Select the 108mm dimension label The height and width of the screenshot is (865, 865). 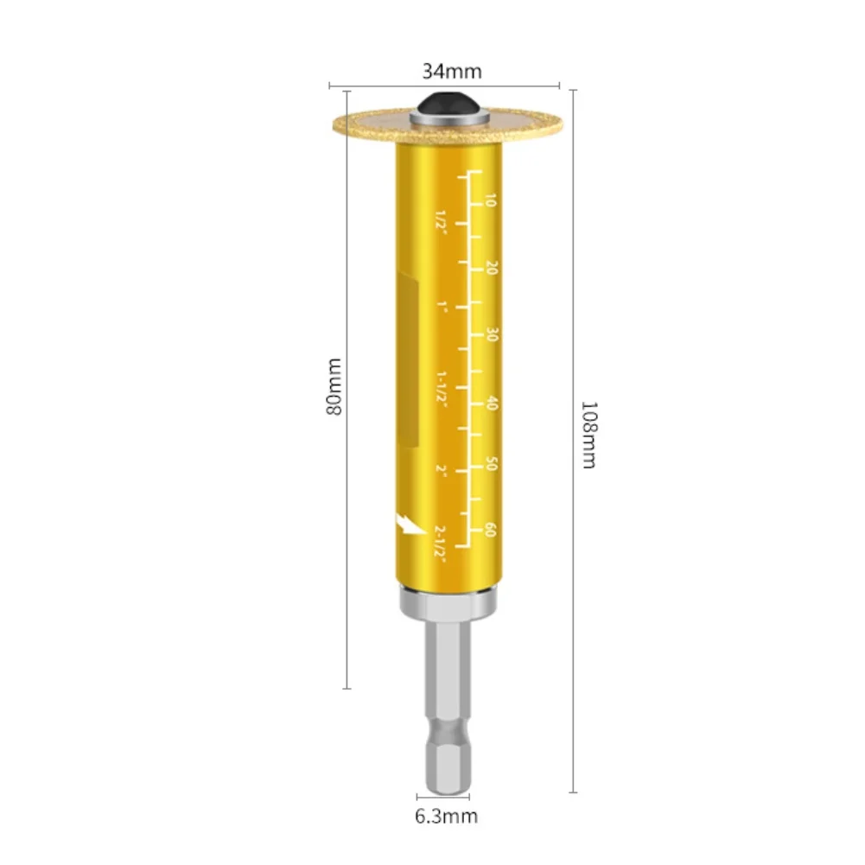(588, 434)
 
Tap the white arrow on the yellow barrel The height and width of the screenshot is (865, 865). (403, 520)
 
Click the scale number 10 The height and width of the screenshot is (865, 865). (492, 201)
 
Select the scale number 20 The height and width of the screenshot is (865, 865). (492, 269)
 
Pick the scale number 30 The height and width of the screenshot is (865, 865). (492, 335)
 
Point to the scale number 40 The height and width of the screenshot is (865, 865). (492, 403)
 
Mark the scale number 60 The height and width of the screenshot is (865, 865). (491, 530)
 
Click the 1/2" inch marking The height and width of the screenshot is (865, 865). (442, 219)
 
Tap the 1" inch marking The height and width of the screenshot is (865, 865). (442, 307)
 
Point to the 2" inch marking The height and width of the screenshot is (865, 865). (441, 470)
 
